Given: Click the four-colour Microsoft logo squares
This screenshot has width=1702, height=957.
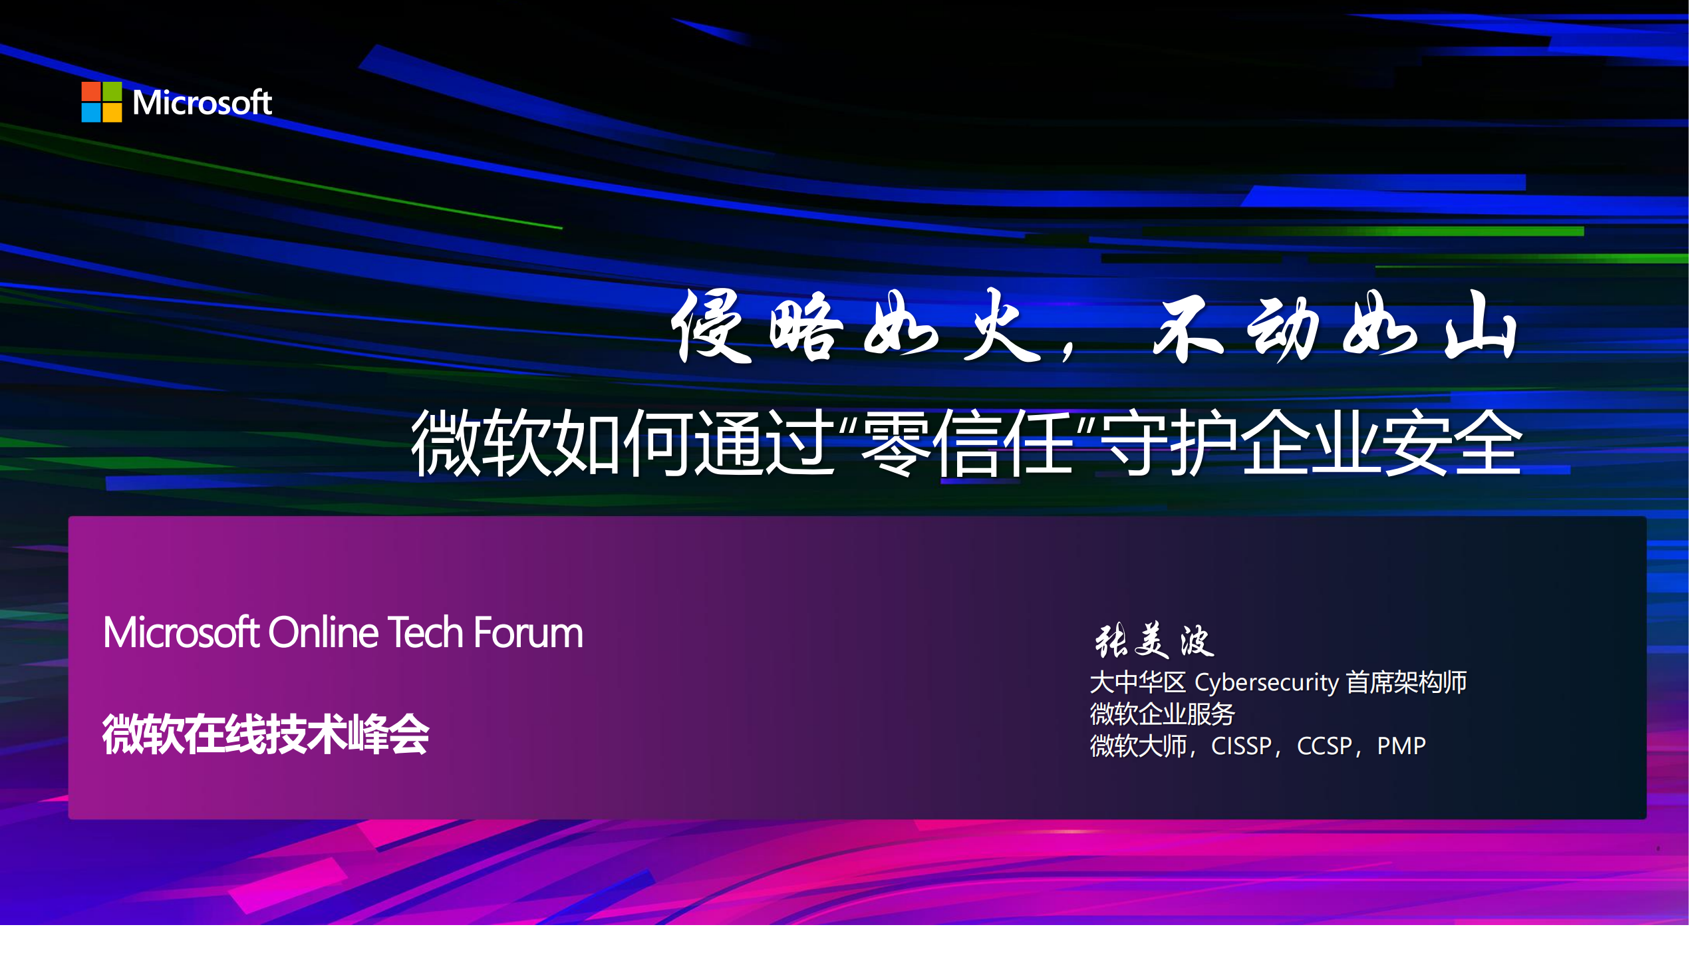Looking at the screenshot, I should [101, 102].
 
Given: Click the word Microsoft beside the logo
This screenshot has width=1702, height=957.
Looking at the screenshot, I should [202, 102].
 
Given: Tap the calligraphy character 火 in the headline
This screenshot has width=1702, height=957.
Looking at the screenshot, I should [1001, 327].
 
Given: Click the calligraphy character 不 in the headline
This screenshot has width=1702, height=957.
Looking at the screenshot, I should [1188, 327].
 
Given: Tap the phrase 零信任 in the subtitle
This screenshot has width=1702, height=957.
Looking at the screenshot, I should [966, 443].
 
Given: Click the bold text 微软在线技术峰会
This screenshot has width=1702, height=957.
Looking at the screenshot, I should [265, 734].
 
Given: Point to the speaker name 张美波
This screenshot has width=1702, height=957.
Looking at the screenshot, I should [1154, 641].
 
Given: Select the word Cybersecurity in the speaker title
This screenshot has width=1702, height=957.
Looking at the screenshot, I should [1266, 682].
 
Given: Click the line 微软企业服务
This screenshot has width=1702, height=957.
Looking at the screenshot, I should [1162, 714].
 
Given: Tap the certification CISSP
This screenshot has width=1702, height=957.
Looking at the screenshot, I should [1241, 746].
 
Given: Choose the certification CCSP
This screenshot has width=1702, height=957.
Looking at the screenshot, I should [1324, 746].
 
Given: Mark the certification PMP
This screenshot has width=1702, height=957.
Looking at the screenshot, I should [1401, 746].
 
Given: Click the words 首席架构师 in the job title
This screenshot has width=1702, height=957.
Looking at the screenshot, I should [1406, 682].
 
